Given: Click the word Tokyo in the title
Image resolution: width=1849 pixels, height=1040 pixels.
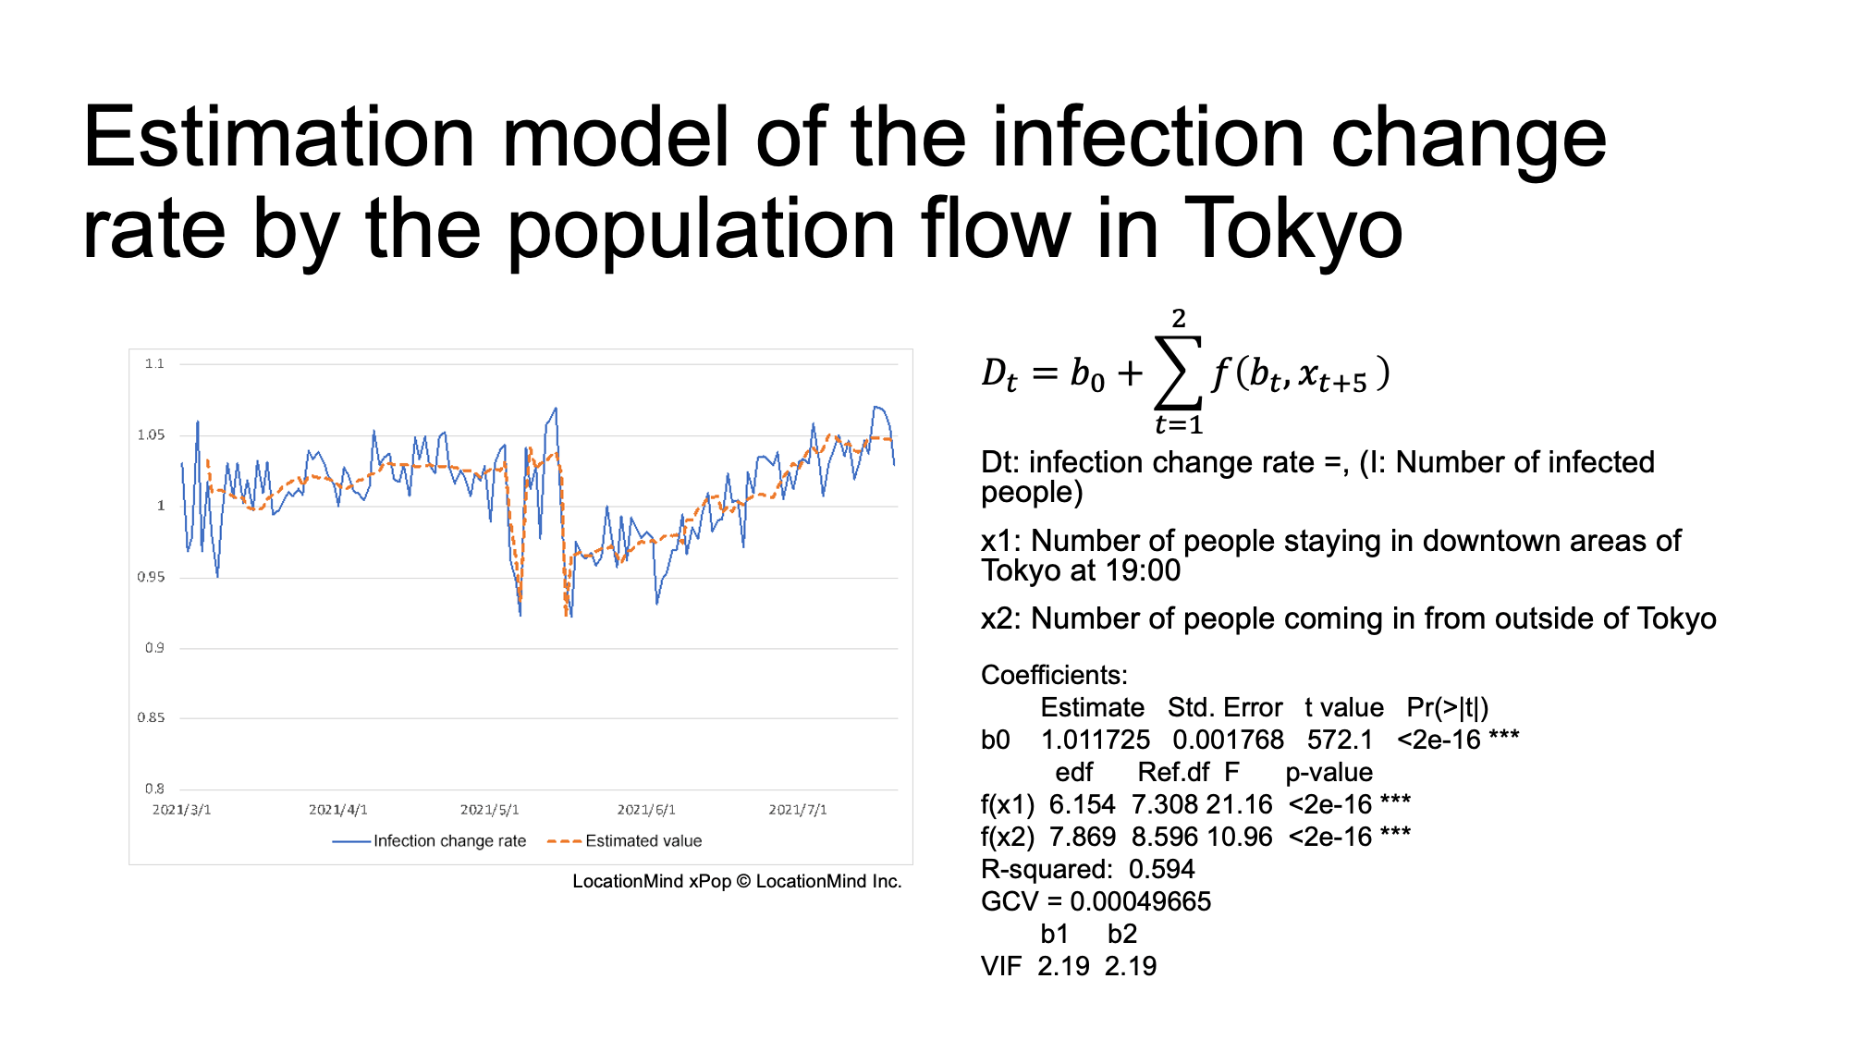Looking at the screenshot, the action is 1293,228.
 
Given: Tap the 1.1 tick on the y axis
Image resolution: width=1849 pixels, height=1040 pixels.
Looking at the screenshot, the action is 154,363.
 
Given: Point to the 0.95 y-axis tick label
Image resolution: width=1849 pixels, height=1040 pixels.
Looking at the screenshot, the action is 152,577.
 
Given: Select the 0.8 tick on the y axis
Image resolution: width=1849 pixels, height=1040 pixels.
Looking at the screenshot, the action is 154,789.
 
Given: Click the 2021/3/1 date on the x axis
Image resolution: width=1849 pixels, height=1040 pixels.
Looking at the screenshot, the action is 181,810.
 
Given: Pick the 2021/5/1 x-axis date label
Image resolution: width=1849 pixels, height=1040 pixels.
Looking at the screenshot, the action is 490,810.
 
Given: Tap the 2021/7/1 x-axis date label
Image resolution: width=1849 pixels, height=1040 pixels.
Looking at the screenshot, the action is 798,810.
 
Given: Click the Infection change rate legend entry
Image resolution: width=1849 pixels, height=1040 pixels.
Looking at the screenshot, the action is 429,841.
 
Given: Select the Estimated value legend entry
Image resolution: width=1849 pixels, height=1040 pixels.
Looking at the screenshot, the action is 625,841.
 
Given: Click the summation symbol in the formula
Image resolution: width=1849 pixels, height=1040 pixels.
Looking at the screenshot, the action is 1179,373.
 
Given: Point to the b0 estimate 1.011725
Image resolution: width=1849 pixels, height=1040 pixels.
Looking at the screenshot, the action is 1096,740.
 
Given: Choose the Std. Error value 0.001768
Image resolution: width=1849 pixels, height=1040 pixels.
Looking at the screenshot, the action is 1228,740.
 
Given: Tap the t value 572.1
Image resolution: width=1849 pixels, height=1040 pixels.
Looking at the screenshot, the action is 1341,740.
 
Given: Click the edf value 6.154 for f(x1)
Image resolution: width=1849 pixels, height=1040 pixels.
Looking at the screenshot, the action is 1083,805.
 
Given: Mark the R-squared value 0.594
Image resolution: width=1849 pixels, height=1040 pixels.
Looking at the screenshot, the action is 1162,870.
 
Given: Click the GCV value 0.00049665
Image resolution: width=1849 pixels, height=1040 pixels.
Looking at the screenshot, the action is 1141,902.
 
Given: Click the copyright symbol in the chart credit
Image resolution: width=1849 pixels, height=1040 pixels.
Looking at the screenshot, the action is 743,882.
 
